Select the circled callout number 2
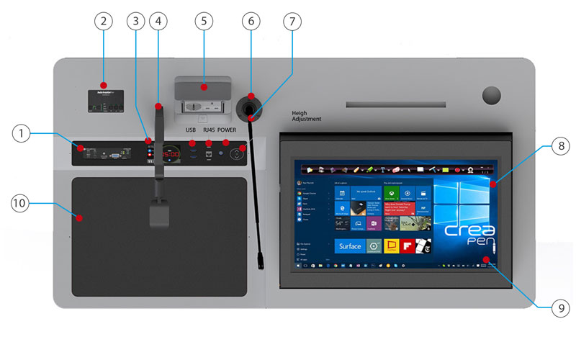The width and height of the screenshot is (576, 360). pos(104,22)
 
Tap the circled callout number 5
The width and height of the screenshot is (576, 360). pos(204,22)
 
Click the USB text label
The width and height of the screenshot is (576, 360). pos(191,130)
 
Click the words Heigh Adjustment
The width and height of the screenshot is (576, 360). pos(307,116)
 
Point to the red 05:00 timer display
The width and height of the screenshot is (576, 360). pos(170,153)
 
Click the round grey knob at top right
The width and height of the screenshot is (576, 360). pos(492,95)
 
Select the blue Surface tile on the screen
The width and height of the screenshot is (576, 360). pos(350,246)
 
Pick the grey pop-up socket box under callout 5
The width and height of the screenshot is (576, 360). pos(203,95)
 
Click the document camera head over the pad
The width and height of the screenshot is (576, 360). pos(159,215)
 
